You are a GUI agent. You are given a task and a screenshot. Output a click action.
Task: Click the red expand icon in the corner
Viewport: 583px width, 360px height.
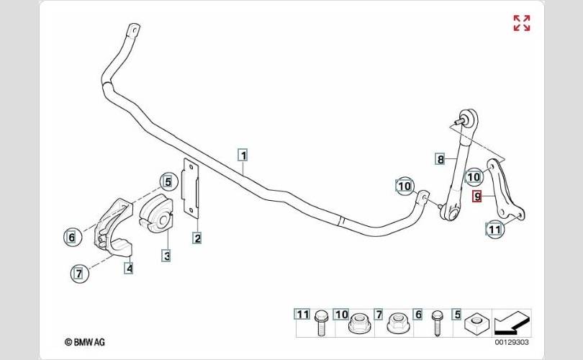(522, 23)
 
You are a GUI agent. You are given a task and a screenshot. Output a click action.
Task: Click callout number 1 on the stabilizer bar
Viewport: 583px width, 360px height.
(243, 155)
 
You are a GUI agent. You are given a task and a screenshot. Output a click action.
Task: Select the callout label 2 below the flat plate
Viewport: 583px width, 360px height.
(197, 238)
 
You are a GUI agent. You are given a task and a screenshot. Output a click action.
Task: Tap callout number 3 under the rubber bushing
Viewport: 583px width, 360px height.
(167, 256)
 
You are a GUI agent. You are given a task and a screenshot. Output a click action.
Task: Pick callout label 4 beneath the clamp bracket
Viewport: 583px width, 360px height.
(129, 268)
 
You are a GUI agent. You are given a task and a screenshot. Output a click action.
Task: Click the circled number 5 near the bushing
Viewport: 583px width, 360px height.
(168, 182)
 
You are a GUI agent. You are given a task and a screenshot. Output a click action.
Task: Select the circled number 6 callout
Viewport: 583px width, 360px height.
(72, 237)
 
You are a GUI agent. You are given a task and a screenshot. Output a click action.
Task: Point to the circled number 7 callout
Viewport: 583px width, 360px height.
(79, 274)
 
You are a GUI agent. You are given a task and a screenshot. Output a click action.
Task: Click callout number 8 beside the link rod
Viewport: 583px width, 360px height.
(440, 159)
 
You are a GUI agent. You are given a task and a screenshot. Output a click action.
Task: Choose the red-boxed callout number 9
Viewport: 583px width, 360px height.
(477, 197)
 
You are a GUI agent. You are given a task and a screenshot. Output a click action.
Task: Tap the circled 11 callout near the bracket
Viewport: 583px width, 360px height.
(494, 229)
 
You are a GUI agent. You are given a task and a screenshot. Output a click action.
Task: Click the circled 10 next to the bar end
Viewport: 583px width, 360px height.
(405, 186)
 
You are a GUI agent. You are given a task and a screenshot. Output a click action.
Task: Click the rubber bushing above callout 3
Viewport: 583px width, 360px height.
(155, 213)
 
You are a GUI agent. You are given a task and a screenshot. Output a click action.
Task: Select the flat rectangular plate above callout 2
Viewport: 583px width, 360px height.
(190, 188)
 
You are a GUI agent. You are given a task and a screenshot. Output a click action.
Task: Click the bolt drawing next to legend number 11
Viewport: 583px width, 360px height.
(321, 323)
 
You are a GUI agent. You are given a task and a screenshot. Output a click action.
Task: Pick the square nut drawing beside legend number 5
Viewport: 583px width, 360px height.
(476, 323)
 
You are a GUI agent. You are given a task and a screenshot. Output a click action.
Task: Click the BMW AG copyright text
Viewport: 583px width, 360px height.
(85, 342)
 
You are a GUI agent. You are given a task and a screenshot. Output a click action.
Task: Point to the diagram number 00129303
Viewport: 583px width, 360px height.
(511, 342)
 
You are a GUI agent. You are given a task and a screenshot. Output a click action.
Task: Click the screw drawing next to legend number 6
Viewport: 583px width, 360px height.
(438, 323)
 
